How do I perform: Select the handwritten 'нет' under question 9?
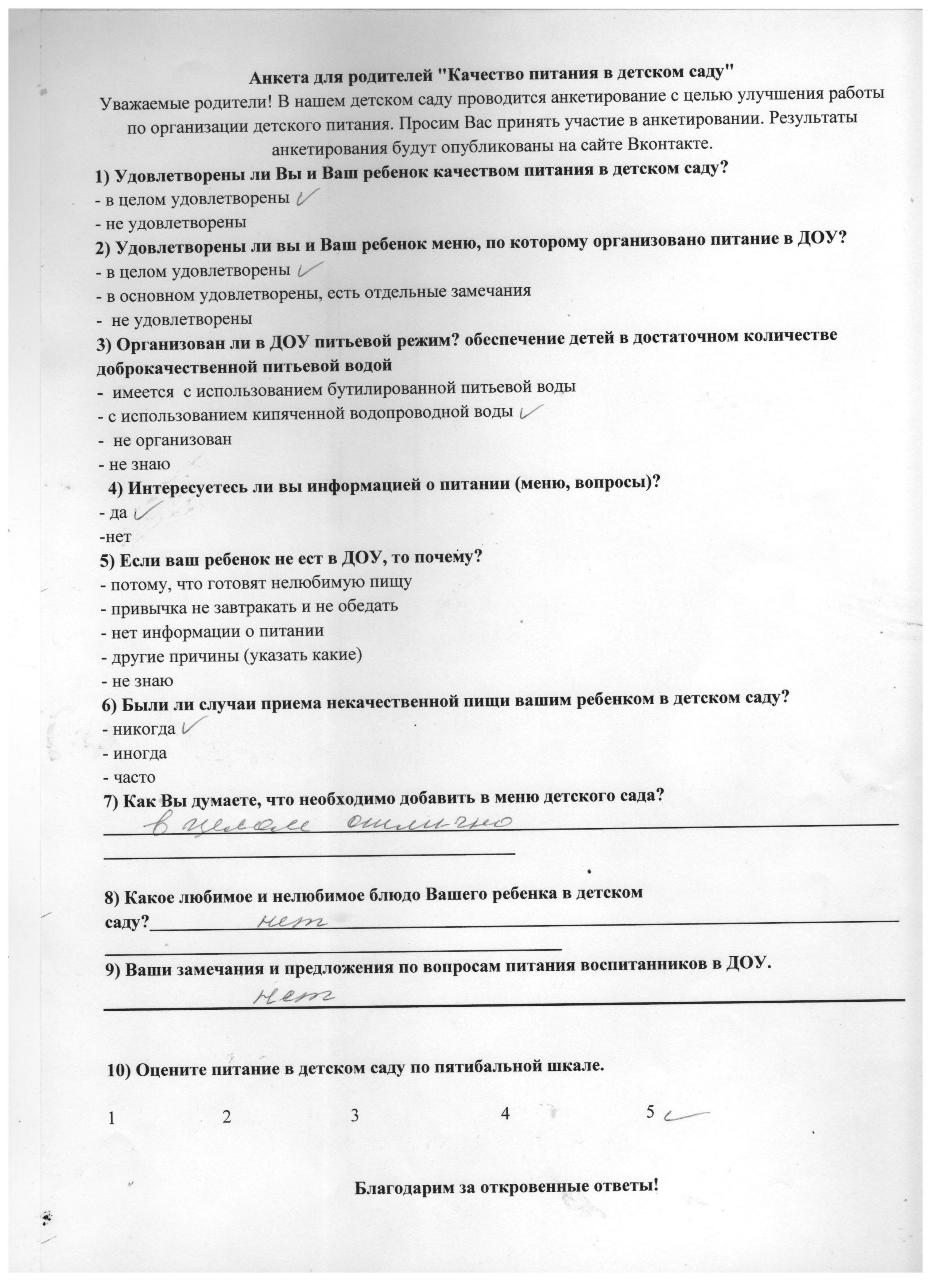294,996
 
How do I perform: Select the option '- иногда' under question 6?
135,753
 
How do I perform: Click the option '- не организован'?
166,439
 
